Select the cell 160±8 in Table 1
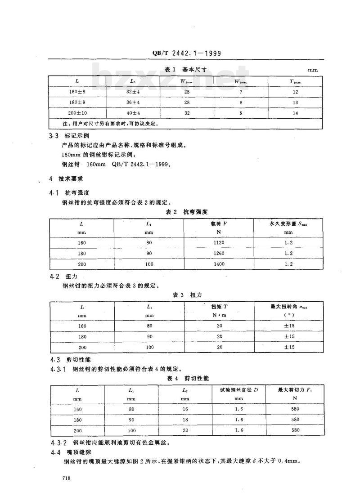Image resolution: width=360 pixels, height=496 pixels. click(x=77, y=92)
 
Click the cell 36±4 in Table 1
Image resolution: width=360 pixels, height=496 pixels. click(x=132, y=102)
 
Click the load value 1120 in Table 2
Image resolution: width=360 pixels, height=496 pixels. click(x=219, y=243)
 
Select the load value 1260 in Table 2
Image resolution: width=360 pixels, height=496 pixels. click(x=219, y=253)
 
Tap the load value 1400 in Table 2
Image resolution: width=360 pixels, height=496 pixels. click(x=219, y=264)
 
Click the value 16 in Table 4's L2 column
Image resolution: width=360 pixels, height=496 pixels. click(x=185, y=409)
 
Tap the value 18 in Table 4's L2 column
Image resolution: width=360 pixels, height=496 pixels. click(x=185, y=420)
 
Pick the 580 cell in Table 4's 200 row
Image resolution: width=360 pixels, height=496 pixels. click(x=295, y=430)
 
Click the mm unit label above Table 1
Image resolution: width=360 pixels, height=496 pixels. click(x=312, y=71)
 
